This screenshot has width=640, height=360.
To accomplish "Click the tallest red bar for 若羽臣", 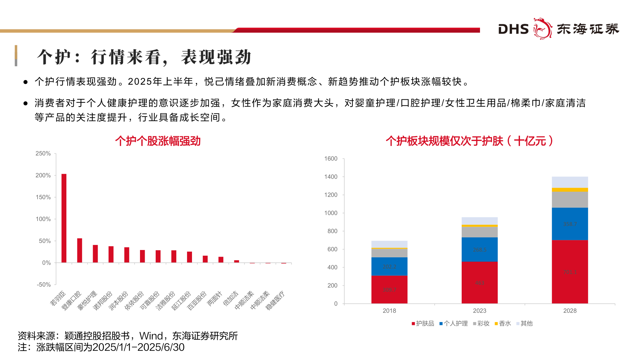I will pos(64,218).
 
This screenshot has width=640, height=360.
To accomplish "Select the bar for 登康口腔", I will pos(80,250).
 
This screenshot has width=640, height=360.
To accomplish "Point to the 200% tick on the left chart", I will pos(43,175).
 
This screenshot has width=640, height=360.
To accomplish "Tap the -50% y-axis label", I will pos(44,285).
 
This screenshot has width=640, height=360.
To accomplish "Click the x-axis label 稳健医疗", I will pos(275,300).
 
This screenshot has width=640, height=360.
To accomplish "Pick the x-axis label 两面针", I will pos(215,298).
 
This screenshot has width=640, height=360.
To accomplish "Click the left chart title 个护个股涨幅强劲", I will pos(158,141).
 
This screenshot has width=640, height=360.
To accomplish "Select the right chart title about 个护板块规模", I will pos(469,141).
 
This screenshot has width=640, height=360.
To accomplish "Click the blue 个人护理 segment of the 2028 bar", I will pos(570,224).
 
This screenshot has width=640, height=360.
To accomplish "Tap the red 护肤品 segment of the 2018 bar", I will pos(389,289).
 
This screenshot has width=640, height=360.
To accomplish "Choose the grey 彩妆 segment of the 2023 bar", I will pos(479,232).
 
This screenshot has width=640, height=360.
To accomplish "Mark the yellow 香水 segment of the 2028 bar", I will pos(570,190).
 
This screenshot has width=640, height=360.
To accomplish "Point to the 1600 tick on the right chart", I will pos(331,159).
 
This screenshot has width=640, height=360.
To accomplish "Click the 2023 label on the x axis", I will pos(479,311).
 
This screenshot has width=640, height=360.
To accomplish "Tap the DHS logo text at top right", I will pos(513,29).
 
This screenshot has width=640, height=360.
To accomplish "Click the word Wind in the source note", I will pos(151,336).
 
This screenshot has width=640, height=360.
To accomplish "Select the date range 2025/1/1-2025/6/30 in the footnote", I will pos(138,347).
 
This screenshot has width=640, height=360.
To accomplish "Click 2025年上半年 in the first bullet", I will pos(160,82).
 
